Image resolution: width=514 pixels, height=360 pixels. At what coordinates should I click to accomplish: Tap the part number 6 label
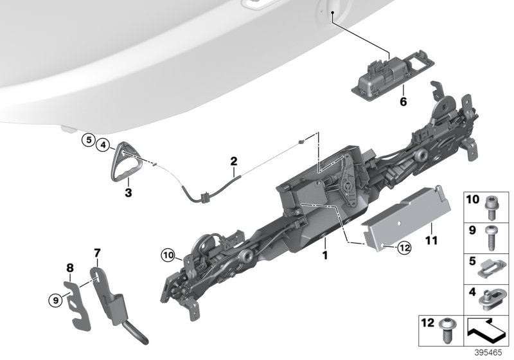(x=403, y=102)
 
